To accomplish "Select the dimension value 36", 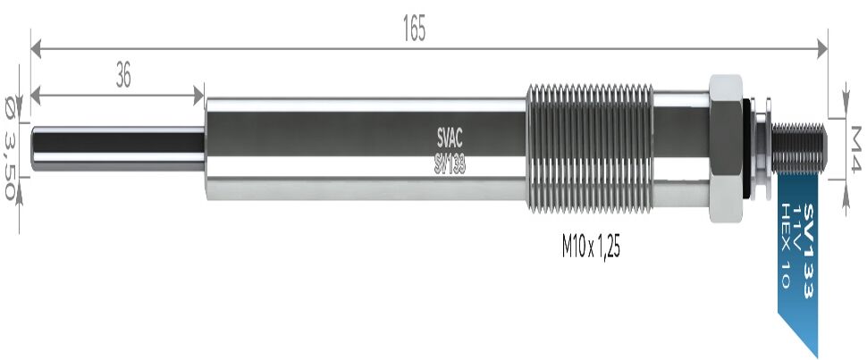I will pyautogui.click(x=123, y=77).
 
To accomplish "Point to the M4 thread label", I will pyautogui.click(x=854, y=147).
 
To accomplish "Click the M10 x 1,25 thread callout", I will pyautogui.click(x=591, y=247).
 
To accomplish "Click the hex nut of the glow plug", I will pyautogui.click(x=725, y=147).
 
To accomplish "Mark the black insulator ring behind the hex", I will pyautogui.click(x=748, y=147).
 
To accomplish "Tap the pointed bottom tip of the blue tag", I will pyautogui.click(x=815, y=353).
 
